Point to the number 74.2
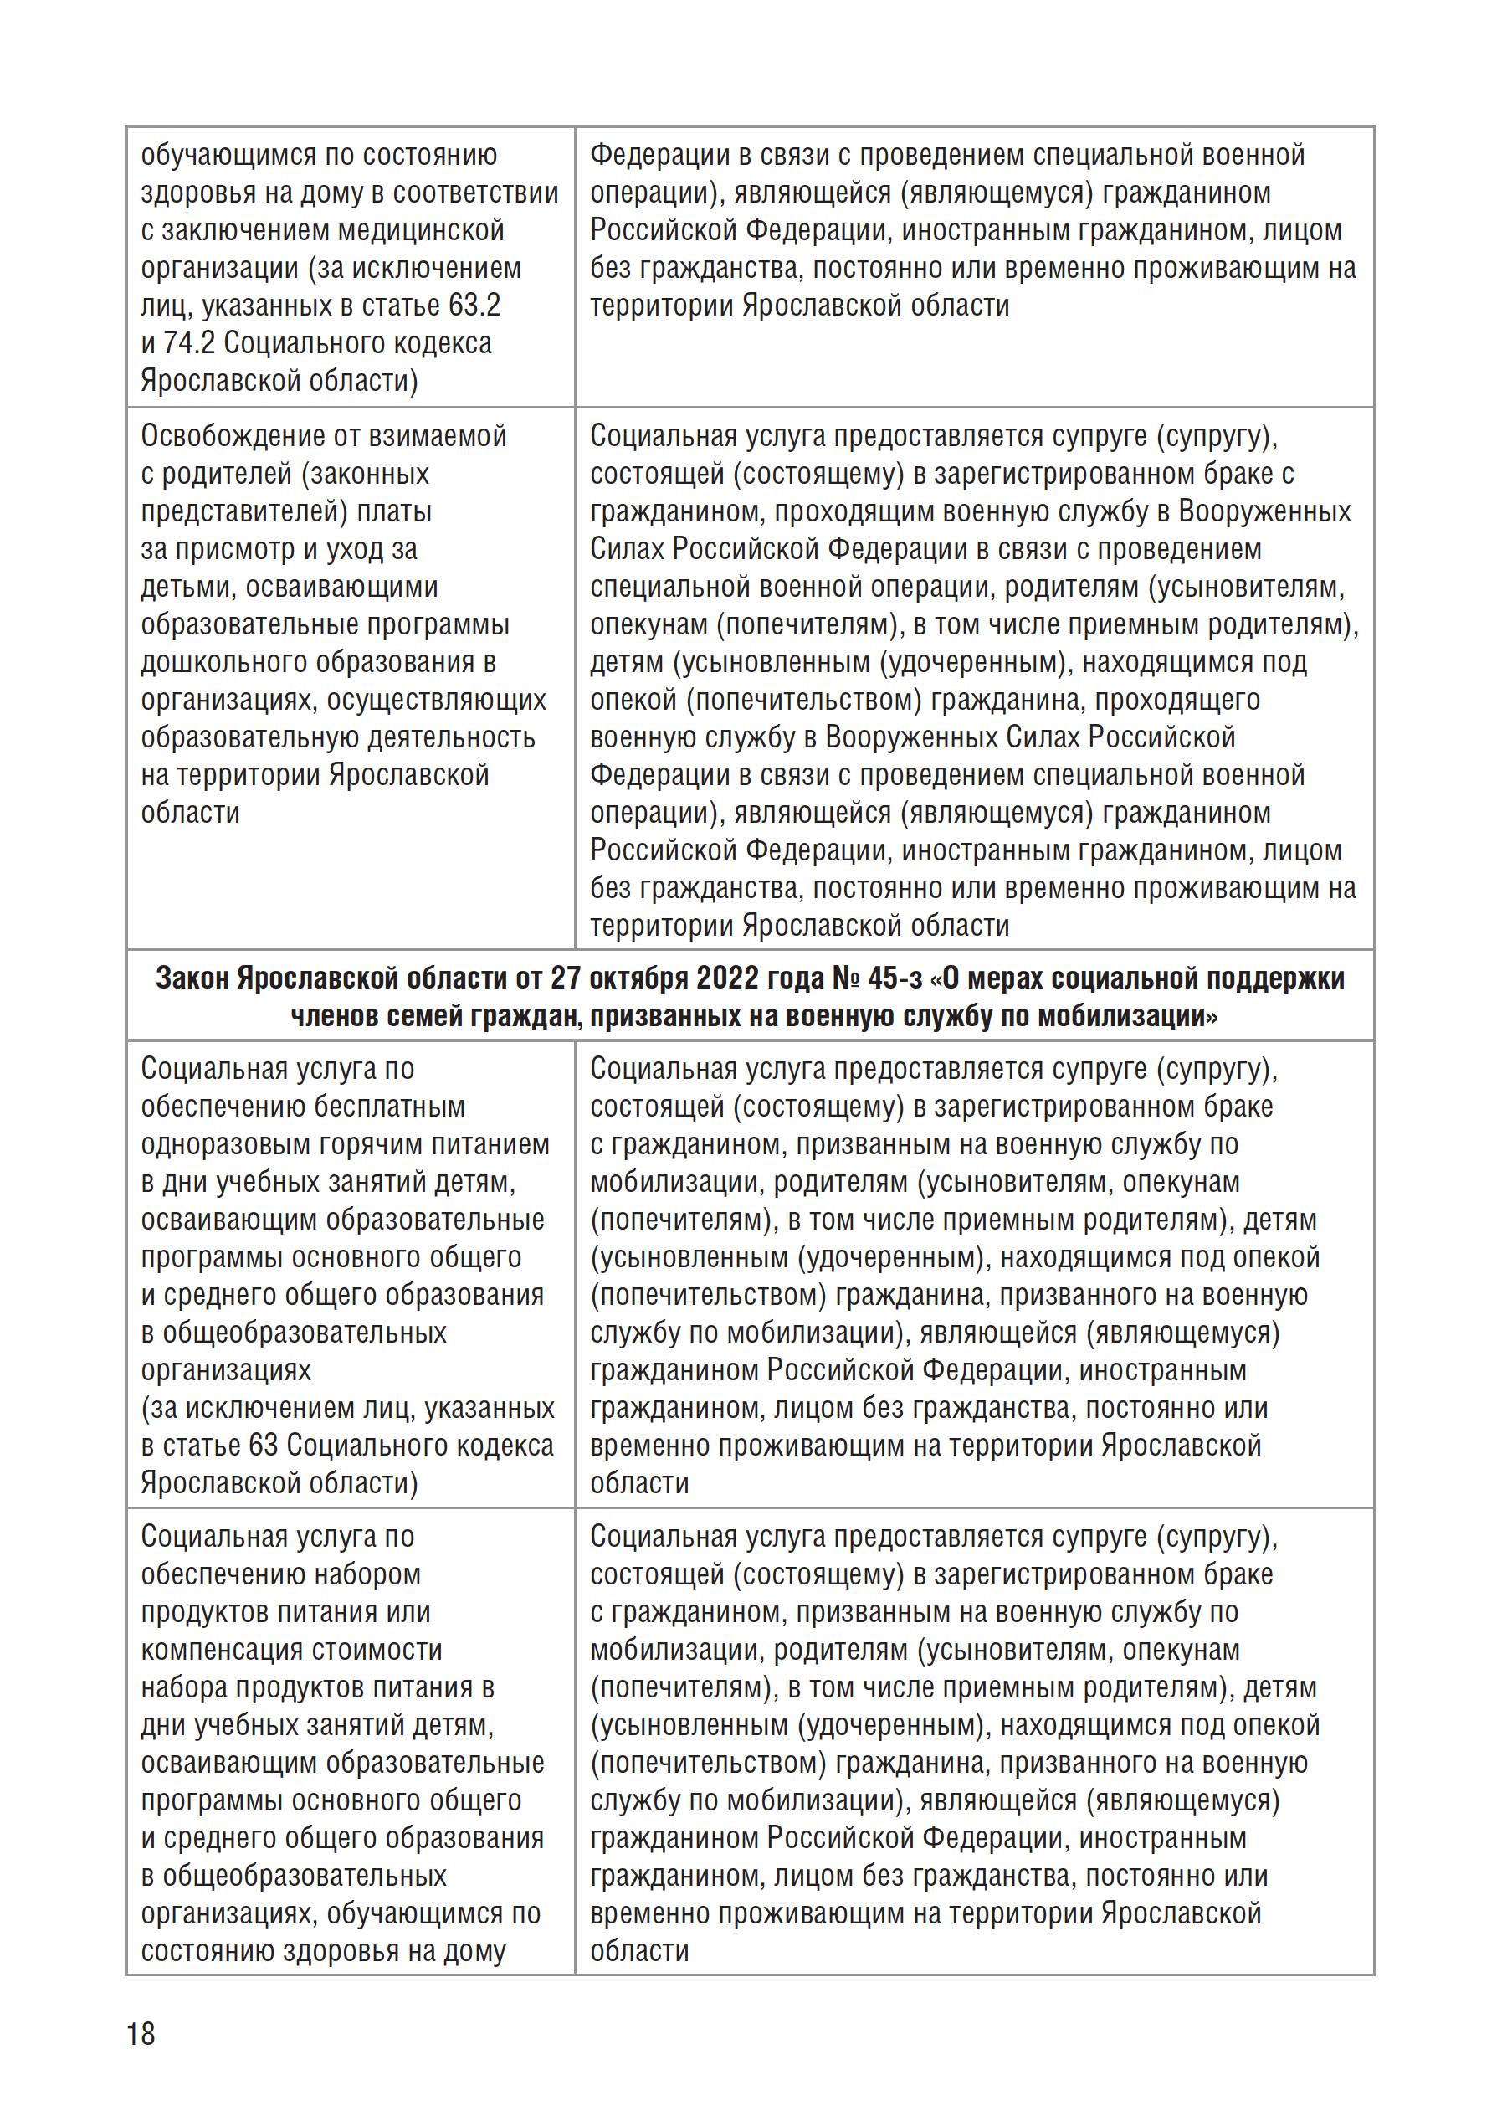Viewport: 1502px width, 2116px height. pyautogui.click(x=190, y=343)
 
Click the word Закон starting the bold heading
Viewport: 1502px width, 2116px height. pyautogui.click(x=192, y=978)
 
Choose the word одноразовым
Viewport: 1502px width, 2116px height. pyautogui.click(x=226, y=1144)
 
